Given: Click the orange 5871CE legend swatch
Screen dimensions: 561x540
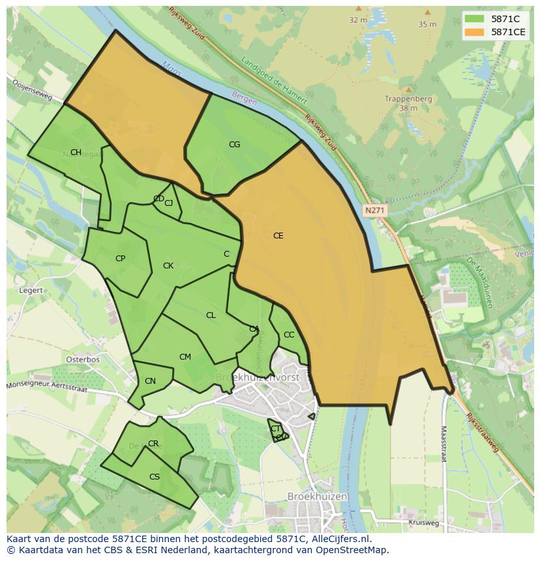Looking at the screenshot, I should [475, 32].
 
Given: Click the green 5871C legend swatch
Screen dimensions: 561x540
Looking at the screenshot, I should [475, 19].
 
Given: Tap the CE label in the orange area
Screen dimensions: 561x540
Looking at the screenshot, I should [278, 236].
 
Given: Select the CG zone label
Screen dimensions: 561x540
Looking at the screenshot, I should [234, 145].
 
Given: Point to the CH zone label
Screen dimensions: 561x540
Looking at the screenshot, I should [76, 152].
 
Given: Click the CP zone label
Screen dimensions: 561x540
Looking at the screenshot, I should [120, 259].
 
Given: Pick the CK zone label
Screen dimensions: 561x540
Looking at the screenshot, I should [168, 266].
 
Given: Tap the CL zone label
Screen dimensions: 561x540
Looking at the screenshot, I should [211, 315].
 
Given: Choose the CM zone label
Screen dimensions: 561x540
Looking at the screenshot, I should [185, 357].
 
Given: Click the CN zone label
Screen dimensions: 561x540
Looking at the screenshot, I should [150, 381].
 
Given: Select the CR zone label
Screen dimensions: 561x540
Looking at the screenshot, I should [153, 444].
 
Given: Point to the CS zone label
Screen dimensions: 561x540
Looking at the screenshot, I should [155, 477].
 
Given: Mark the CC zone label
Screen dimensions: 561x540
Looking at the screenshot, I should [289, 335].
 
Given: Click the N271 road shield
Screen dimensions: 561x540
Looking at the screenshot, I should [374, 210].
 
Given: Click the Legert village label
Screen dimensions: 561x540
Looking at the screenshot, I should [31, 291].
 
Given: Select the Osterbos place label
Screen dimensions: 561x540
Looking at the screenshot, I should [83, 360].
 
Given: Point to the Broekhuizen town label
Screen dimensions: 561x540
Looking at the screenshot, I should [317, 496].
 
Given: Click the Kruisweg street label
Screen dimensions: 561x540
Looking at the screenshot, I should [423, 523].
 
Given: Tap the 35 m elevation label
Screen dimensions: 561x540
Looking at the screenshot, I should [427, 24].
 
